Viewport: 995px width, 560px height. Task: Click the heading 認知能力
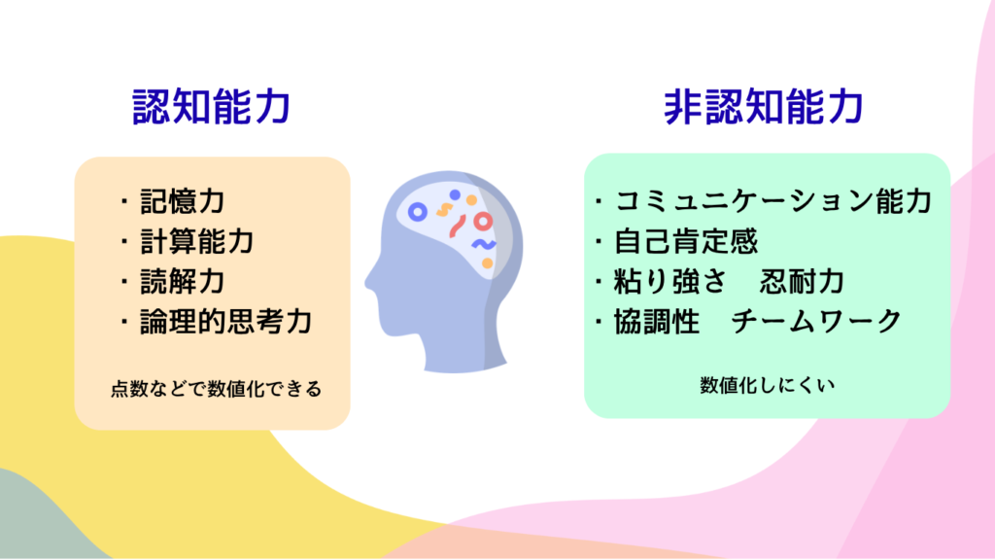click(x=211, y=106)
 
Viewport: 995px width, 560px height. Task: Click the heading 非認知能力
click(x=764, y=106)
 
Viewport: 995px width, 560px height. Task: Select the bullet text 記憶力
click(x=182, y=201)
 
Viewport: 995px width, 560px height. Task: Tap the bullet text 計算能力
click(x=196, y=242)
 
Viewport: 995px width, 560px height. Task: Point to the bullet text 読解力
click(x=182, y=282)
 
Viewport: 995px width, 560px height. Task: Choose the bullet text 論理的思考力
click(x=225, y=322)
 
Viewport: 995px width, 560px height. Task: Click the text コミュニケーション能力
click(x=773, y=201)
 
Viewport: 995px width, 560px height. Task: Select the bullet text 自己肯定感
click(x=686, y=241)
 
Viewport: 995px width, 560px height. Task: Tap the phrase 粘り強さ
click(x=669, y=281)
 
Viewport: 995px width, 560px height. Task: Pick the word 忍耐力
click(x=802, y=281)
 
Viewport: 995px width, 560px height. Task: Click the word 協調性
click(x=657, y=321)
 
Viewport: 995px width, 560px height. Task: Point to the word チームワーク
click(x=816, y=321)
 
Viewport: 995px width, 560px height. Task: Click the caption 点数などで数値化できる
click(x=217, y=389)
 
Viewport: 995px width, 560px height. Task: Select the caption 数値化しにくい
click(x=768, y=385)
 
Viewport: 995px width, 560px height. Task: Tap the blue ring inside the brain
click(x=417, y=212)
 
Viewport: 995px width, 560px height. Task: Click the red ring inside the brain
click(x=483, y=221)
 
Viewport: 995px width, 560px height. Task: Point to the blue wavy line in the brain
click(x=483, y=244)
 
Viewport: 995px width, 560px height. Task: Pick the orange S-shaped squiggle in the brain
click(x=443, y=210)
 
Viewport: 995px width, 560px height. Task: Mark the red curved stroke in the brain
click(x=457, y=226)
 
